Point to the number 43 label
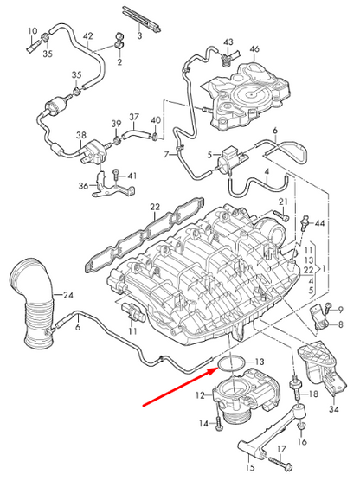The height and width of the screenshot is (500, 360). [x=228, y=42]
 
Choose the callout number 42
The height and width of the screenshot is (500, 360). [x=87, y=36]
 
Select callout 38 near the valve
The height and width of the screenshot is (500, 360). [x=80, y=136]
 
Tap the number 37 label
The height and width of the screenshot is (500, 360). [x=134, y=117]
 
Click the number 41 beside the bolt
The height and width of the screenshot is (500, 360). [x=132, y=176]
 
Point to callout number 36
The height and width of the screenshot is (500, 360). [x=83, y=185]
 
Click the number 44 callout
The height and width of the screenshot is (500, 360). [x=320, y=224]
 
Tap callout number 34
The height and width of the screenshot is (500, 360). [x=334, y=409]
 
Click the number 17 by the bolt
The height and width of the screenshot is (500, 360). [x=281, y=448]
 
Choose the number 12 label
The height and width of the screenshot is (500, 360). [x=199, y=396]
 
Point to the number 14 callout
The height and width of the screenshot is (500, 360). [x=203, y=424]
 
